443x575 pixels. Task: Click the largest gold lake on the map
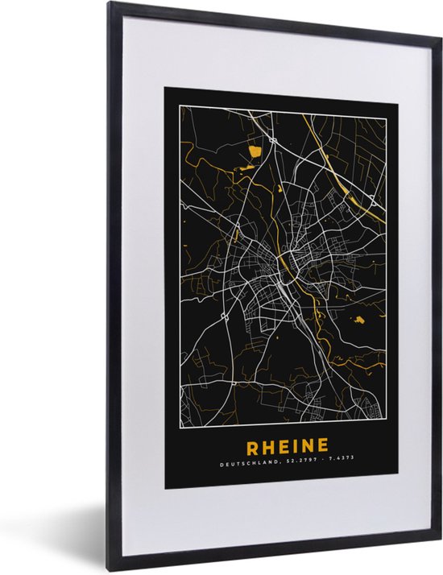pos(256,150)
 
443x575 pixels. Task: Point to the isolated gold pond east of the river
pos(358,299)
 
